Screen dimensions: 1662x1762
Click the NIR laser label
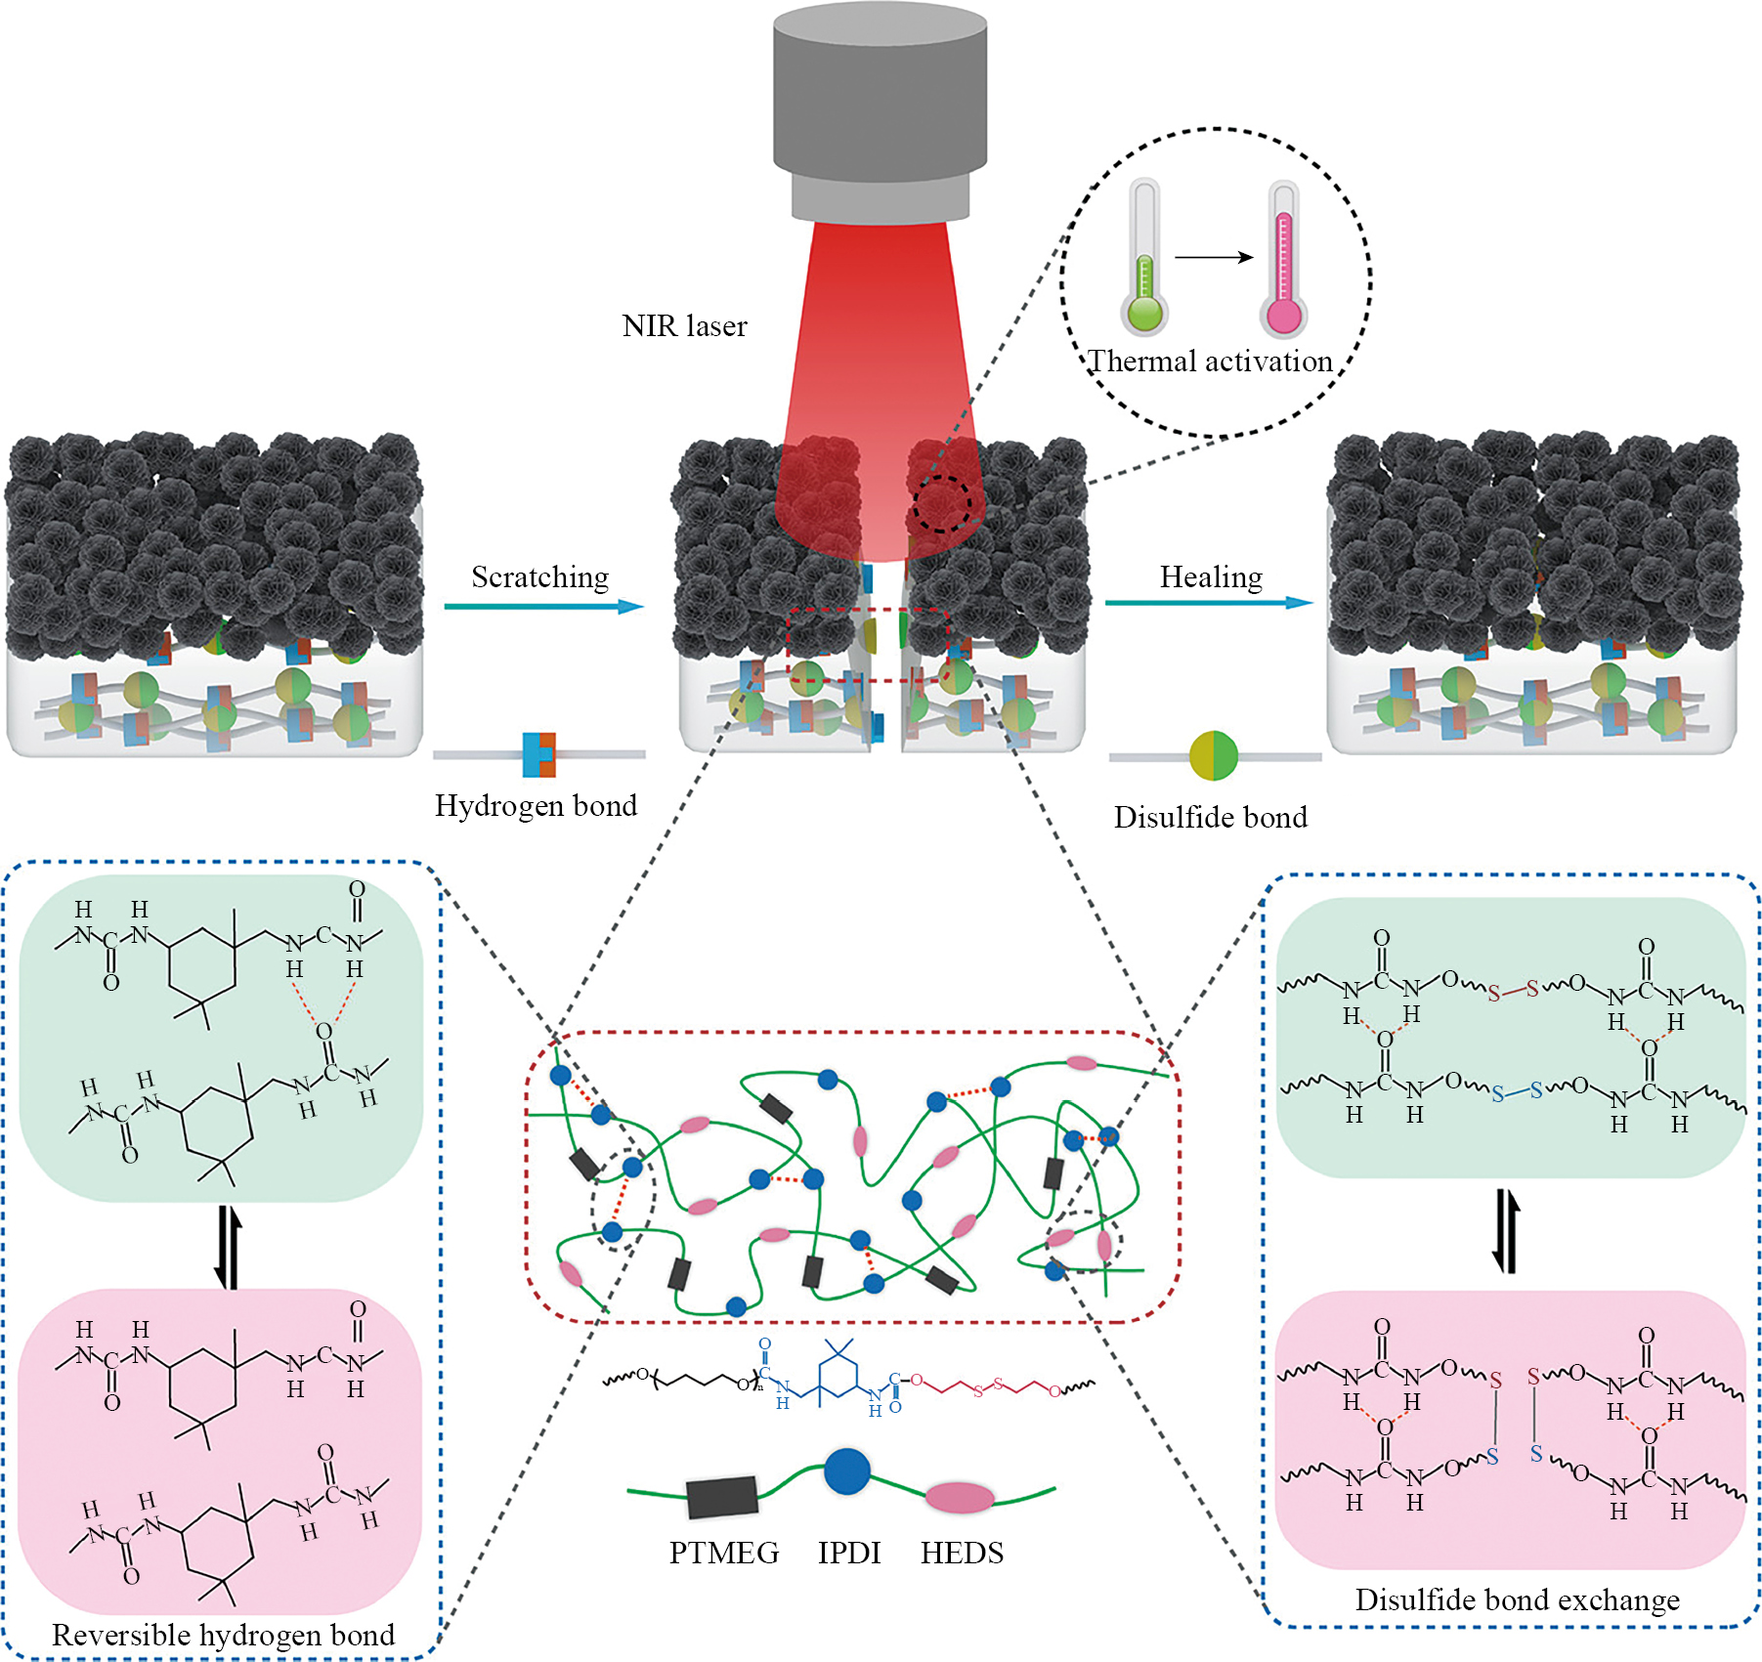tap(684, 325)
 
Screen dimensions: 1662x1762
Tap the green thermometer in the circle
tap(1144, 259)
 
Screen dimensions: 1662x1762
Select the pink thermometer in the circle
tap(1283, 259)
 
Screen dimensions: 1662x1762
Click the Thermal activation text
tap(1210, 362)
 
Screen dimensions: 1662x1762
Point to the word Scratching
tap(539, 577)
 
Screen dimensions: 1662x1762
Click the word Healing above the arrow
tap(1211, 577)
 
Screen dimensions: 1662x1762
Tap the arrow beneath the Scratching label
tap(543, 607)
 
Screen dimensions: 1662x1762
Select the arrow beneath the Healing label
tap(1208, 603)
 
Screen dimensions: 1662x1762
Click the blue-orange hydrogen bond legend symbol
tap(538, 754)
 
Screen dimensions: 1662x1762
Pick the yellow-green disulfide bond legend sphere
tap(1213, 755)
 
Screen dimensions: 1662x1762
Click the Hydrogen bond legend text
tap(536, 805)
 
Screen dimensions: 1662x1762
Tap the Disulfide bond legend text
tap(1210, 817)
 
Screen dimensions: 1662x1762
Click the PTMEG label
tap(724, 1553)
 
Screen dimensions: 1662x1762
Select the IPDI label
tap(849, 1553)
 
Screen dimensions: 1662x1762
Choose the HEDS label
tap(962, 1553)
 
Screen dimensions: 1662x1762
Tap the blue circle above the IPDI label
tap(846, 1471)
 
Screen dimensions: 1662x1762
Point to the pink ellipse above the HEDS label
tap(959, 1497)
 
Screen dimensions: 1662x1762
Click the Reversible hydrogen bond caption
tap(223, 1635)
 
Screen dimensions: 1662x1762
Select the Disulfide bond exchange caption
tap(1517, 1599)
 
